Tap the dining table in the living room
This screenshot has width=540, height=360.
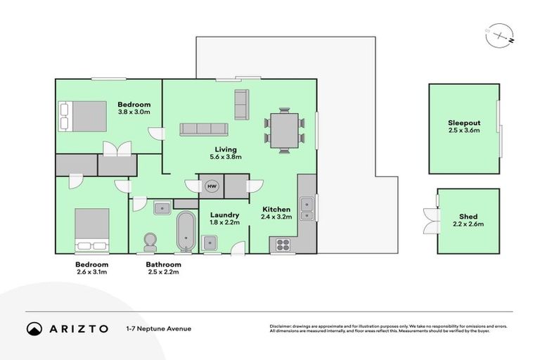coord(284,129)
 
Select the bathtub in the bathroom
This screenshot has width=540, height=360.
coord(186,230)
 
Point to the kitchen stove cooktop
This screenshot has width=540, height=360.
coord(283,245)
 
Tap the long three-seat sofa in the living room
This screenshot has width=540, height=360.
coord(204,129)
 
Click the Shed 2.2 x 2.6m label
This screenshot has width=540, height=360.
coord(468,220)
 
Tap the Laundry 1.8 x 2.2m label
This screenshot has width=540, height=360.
coord(225,219)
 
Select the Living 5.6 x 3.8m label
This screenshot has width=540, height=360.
coord(226,153)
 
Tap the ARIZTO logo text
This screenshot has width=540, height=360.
coord(77,328)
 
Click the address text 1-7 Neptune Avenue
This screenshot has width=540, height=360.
coord(158,328)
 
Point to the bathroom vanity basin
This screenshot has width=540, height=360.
coord(162,207)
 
